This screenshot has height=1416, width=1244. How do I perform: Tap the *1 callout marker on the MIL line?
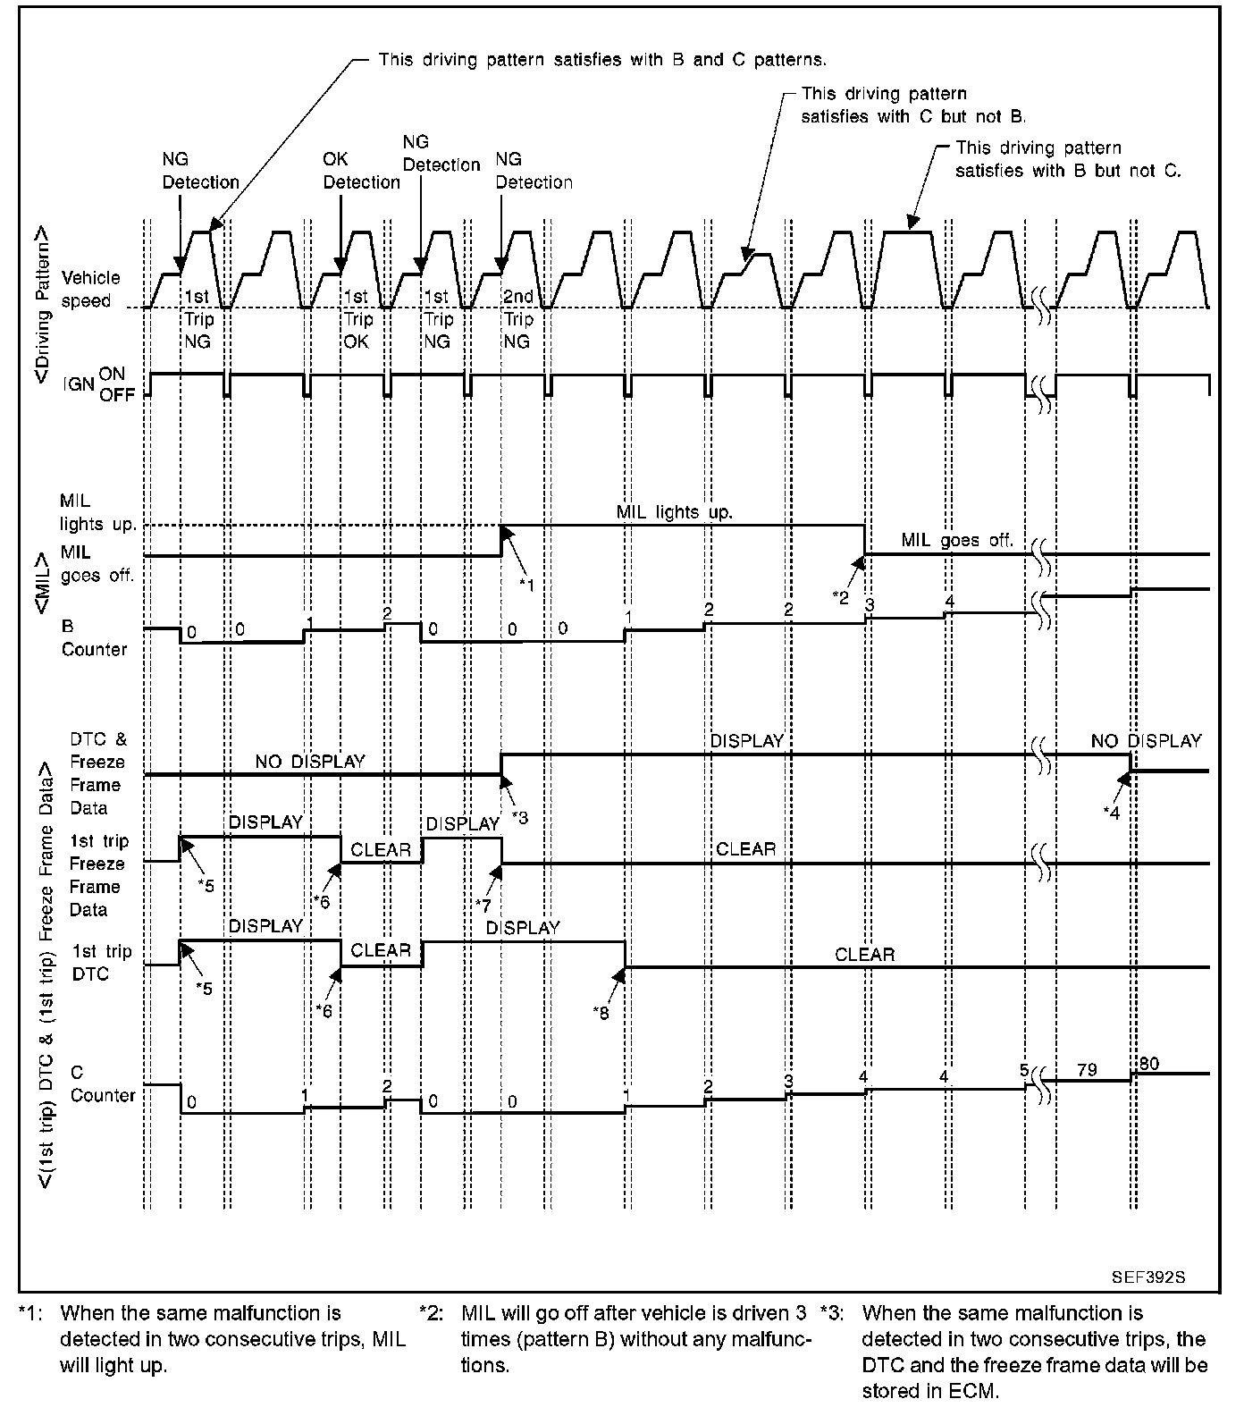tap(526, 584)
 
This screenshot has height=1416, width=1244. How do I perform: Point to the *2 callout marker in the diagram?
tap(840, 597)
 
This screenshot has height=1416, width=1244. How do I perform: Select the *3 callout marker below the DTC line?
tap(520, 816)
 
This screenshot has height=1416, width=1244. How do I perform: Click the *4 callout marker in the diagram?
tap(1111, 811)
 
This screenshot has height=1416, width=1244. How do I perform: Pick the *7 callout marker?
tap(483, 905)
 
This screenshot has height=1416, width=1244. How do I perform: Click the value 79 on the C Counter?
tap(1087, 1069)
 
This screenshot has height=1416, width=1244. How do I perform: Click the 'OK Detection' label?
tap(361, 171)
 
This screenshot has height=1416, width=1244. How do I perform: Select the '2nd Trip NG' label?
tap(517, 319)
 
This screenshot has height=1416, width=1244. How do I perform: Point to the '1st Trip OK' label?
tap(357, 319)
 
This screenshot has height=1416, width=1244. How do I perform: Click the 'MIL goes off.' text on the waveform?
tap(956, 540)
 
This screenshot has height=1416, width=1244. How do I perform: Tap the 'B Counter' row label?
tap(94, 637)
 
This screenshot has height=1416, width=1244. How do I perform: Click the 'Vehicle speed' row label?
tap(90, 290)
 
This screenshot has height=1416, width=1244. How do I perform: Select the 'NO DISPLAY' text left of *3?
tap(310, 762)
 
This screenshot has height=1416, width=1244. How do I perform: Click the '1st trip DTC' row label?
tap(101, 963)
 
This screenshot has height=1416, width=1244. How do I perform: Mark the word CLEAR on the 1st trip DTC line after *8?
tap(864, 954)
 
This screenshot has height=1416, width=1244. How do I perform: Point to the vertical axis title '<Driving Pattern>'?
tap(42, 306)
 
